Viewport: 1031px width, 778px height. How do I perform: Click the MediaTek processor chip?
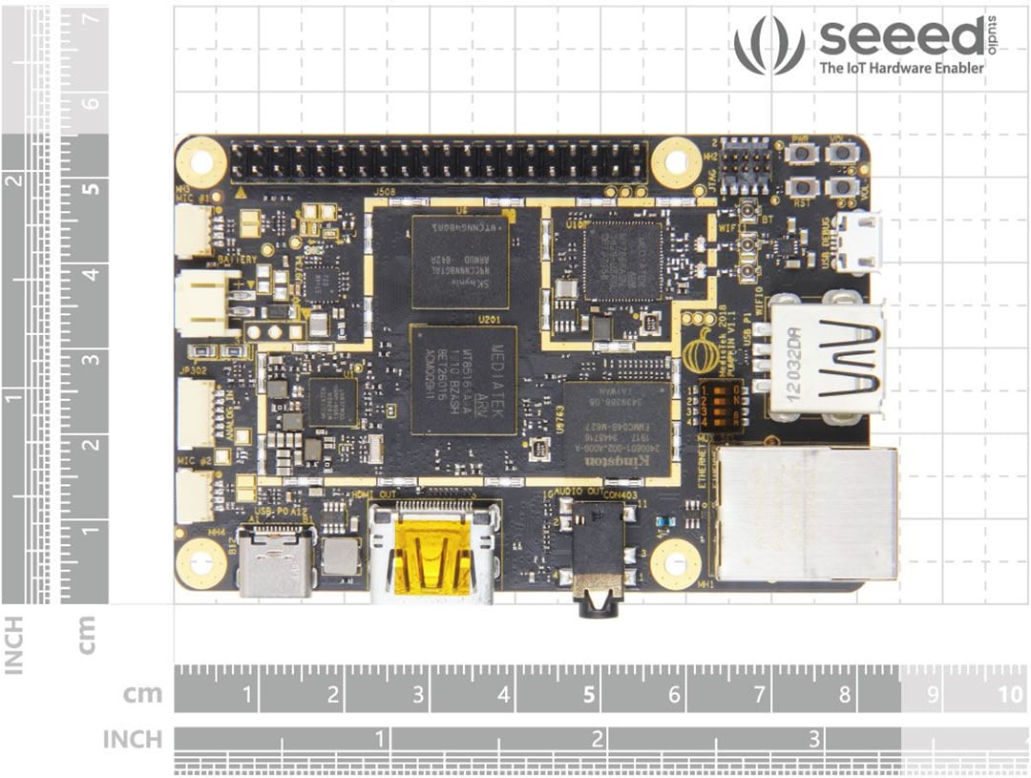(x=464, y=380)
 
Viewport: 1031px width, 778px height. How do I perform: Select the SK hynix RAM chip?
(x=460, y=261)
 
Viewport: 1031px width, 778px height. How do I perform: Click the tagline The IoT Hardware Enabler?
(x=901, y=69)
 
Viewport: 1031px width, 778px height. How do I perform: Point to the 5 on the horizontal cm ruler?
(x=589, y=694)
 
